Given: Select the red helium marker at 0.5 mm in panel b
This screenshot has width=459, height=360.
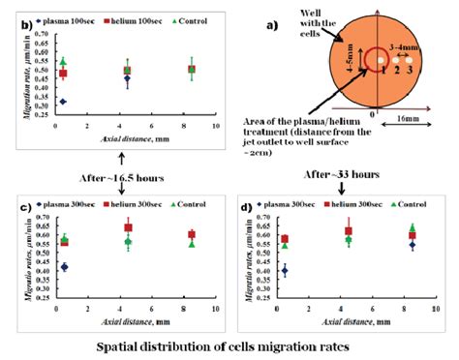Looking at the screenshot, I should pyautogui.click(x=63, y=74).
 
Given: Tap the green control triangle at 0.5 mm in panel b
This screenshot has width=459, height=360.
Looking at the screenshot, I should pyautogui.click(x=63, y=61).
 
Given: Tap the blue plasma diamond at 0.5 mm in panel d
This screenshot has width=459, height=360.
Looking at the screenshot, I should pyautogui.click(x=284, y=272).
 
